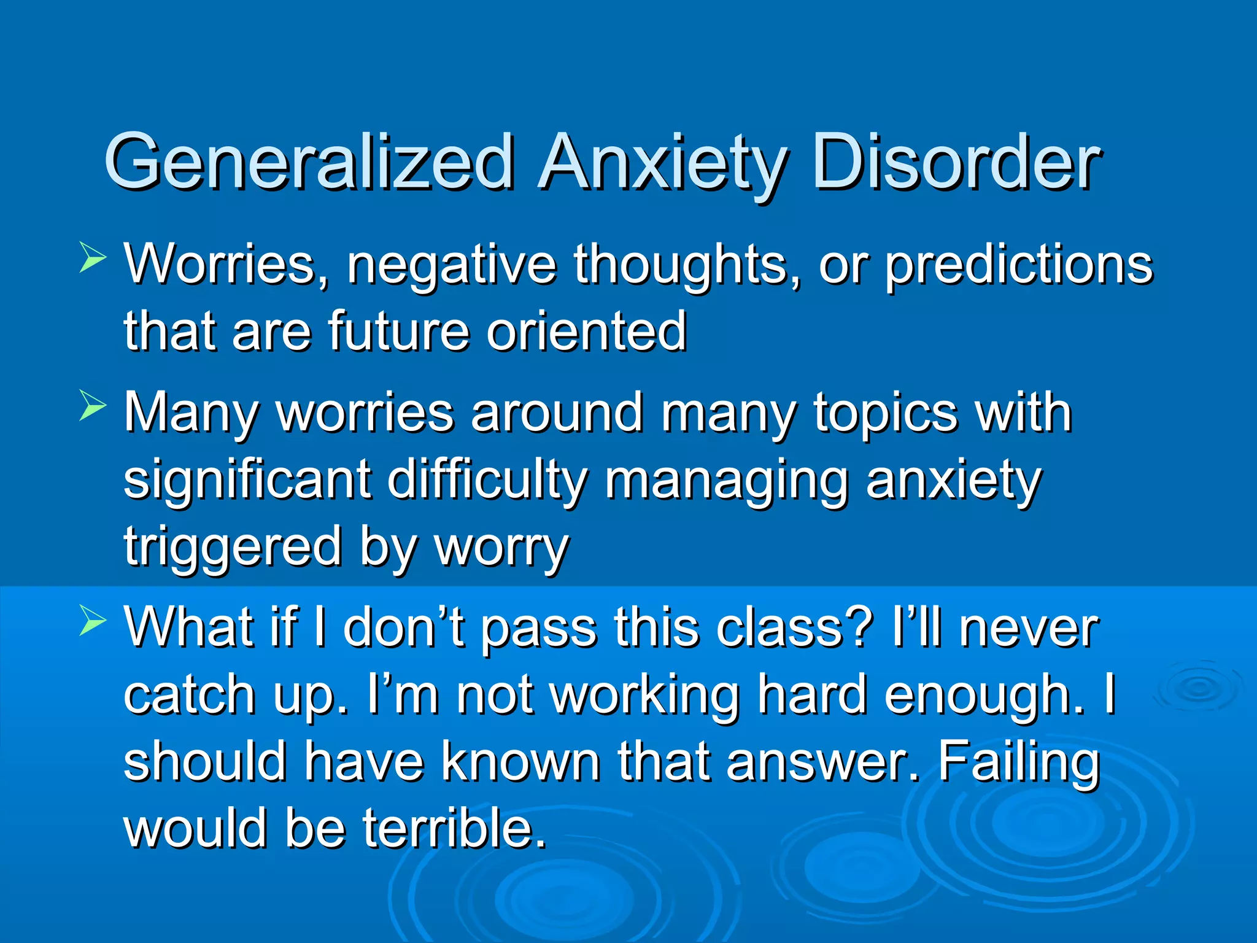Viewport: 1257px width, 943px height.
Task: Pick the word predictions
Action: point(1019,265)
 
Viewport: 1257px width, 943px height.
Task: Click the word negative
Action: point(452,265)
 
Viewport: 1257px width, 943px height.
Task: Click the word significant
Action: point(247,480)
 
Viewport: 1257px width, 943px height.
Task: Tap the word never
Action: point(1029,629)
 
